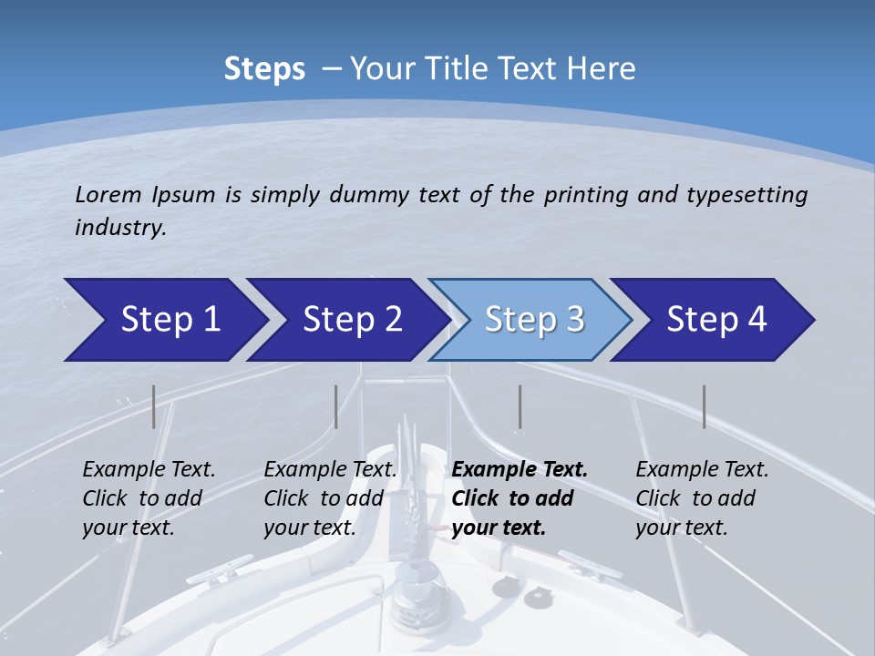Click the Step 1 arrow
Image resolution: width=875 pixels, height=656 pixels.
pyautogui.click(x=164, y=320)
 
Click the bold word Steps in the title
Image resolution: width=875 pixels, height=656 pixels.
pyautogui.click(x=264, y=69)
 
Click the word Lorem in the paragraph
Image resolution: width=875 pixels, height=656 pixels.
pyautogui.click(x=108, y=194)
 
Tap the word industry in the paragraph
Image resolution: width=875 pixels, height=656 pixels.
pyautogui.click(x=119, y=227)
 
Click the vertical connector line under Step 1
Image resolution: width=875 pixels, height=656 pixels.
pyautogui.click(x=154, y=406)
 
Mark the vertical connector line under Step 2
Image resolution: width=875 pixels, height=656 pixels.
pyautogui.click(x=336, y=406)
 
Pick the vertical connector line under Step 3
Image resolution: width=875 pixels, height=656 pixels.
pyautogui.click(x=520, y=406)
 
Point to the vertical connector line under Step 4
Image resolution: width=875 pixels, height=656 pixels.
pyautogui.click(x=704, y=406)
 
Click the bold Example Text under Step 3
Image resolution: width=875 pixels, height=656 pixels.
pyautogui.click(x=520, y=469)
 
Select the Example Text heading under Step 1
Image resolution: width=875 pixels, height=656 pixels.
pyautogui.click(x=149, y=469)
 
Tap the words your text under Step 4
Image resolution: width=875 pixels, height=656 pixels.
pyautogui.click(x=681, y=527)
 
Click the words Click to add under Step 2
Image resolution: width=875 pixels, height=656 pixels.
pyautogui.click(x=324, y=498)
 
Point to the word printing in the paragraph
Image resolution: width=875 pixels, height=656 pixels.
pyautogui.click(x=587, y=195)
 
